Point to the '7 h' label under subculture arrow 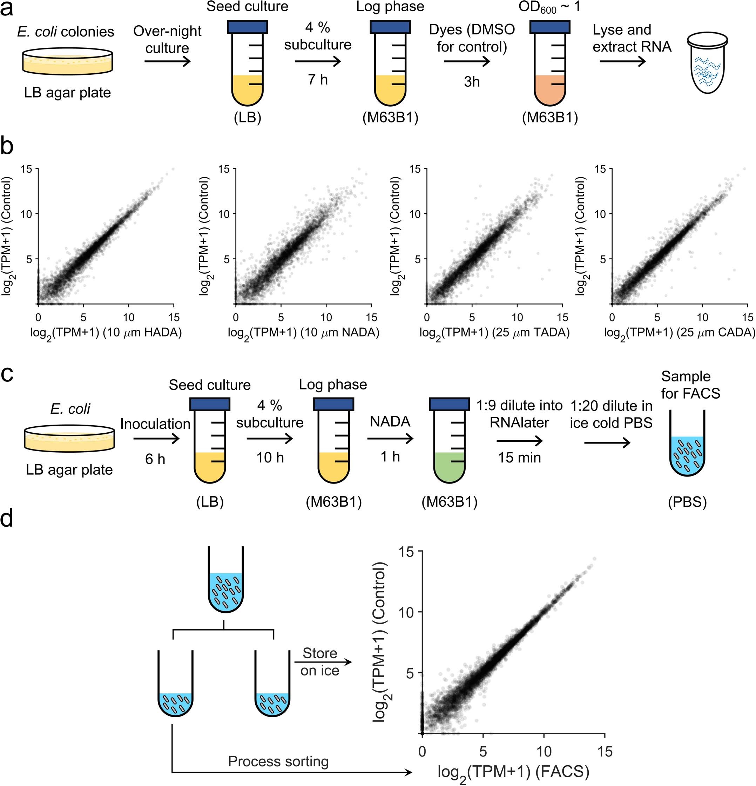click(318, 80)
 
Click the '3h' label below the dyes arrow click(472, 82)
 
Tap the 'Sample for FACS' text click(690, 385)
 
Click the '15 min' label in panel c click(519, 458)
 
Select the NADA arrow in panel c click(390, 440)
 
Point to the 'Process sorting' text click(278, 761)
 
